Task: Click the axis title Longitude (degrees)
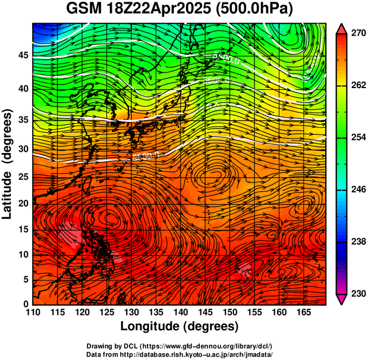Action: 179,327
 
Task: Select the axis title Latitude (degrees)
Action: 7,163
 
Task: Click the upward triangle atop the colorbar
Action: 342,28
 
